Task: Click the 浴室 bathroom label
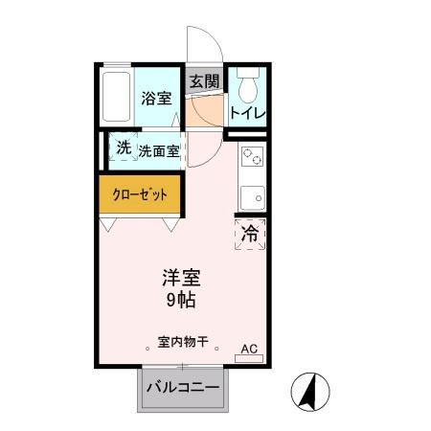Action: pos(155,97)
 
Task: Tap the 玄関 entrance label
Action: pos(203,81)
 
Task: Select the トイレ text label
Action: pos(247,113)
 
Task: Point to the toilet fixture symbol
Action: pos(247,87)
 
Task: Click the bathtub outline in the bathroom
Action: pos(116,96)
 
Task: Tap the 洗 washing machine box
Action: pos(122,147)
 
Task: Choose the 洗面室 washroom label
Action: pos(159,150)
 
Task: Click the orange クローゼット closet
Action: pos(140,193)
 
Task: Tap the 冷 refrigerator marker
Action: pos(250,233)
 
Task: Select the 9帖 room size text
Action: pos(180,300)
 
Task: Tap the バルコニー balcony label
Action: pos(183,389)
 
